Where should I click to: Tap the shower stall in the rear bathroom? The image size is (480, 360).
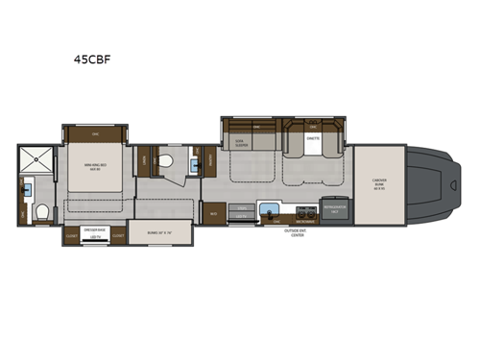[x=34, y=159]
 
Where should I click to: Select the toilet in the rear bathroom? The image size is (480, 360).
[x=37, y=213]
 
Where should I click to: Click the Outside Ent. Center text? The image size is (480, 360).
[x=297, y=233]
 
